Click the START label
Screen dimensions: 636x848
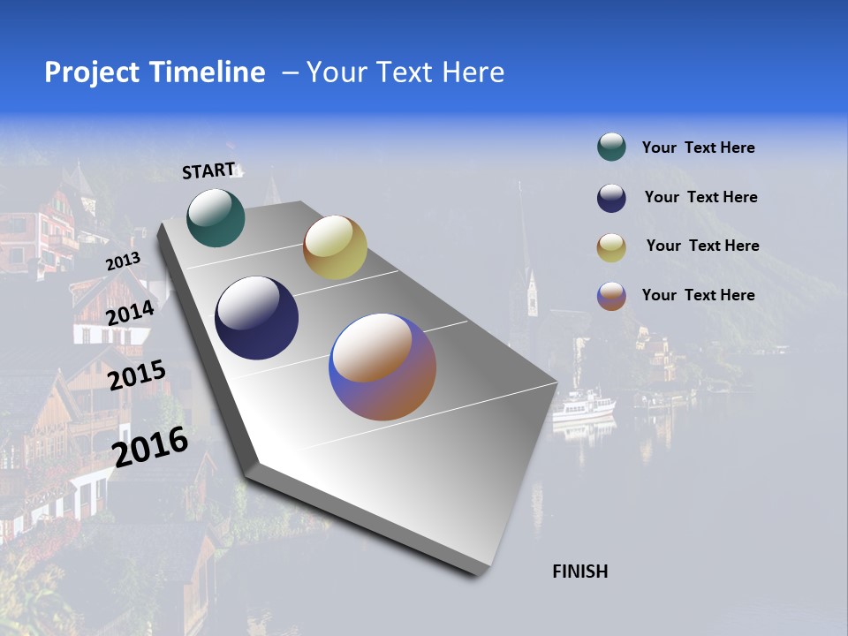[x=208, y=170]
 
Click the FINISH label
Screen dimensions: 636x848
[x=580, y=572]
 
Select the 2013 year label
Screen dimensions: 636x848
[x=123, y=261]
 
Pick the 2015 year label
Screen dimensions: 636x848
[x=137, y=375]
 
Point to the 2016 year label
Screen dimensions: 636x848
[x=150, y=447]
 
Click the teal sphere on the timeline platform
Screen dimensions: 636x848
[x=216, y=217]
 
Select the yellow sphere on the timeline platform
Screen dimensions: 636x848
[x=335, y=247]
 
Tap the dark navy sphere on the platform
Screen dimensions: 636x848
[x=256, y=318]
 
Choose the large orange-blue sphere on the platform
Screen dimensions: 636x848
[x=382, y=367]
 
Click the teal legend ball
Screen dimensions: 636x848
[x=611, y=148]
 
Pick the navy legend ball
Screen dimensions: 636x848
[x=611, y=198]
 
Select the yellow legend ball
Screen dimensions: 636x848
[x=611, y=247]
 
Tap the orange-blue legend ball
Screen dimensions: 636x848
[x=611, y=296]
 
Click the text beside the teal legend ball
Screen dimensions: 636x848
[x=698, y=148]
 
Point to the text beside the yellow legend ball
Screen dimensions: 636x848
[x=702, y=246]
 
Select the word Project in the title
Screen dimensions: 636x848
[x=92, y=72]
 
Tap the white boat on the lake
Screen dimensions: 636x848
[x=582, y=407]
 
